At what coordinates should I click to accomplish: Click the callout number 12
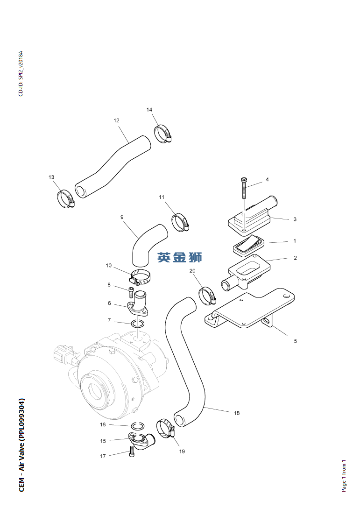[117, 120]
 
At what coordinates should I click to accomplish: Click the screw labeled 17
[132, 452]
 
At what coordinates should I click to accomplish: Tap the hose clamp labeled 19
[164, 428]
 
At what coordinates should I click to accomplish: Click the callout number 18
[237, 413]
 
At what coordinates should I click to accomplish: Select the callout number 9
[122, 217]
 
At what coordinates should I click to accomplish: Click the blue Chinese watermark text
[179, 257]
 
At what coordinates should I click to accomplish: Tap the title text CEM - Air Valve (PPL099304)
[21, 445]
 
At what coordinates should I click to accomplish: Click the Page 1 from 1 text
[344, 475]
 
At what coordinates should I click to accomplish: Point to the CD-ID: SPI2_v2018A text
[21, 73]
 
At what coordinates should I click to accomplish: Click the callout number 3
[295, 219]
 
